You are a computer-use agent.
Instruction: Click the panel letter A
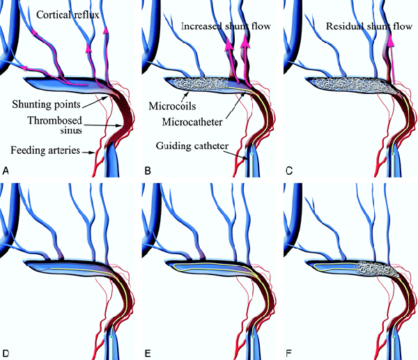point(6,171)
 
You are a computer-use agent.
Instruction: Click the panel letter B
point(148,171)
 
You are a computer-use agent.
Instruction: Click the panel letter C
point(289,171)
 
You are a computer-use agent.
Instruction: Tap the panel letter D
point(6,353)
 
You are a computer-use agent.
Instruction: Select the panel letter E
point(148,353)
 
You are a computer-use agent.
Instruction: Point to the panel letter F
point(289,353)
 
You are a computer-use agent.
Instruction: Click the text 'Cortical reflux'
point(68,15)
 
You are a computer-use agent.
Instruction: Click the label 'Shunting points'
point(46,104)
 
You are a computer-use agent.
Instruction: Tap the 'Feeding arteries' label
point(45,150)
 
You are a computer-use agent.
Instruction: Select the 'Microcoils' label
point(172,106)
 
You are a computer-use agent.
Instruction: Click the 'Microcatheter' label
point(192,122)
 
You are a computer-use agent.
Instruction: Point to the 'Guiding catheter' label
point(192,146)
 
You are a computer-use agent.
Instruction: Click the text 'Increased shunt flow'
point(226,26)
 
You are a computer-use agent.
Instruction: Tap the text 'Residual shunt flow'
point(369,26)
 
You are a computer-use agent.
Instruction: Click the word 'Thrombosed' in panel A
point(54,120)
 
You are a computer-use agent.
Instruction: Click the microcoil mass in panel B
point(199,84)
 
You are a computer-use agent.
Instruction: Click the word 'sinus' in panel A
point(71,130)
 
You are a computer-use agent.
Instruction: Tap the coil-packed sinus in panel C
point(355,85)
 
